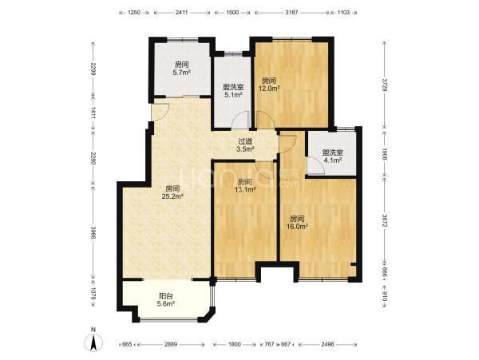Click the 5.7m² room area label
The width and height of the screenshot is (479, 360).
182,69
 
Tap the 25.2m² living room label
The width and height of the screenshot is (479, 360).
172,192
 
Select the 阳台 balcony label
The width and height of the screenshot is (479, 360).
166,299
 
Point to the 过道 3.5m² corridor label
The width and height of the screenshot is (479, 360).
246,145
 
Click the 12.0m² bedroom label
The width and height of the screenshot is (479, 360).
270,85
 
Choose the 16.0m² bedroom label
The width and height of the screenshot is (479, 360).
297,223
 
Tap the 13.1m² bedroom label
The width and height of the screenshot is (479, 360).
245,186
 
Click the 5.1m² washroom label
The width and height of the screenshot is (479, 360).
233,91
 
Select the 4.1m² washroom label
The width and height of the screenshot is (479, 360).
332,156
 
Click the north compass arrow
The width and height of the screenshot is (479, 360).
93,341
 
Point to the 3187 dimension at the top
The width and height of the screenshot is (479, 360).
291,13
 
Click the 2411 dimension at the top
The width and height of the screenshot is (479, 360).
182,13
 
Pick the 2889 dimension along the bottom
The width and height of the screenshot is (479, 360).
171,344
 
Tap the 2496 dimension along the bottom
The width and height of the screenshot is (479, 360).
327,344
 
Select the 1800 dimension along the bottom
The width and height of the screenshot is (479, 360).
234,344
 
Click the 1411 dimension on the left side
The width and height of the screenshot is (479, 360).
93,115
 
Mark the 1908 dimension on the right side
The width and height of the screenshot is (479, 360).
385,155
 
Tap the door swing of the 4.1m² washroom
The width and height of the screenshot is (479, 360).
315,166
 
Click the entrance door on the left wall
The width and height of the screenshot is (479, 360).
160,113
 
